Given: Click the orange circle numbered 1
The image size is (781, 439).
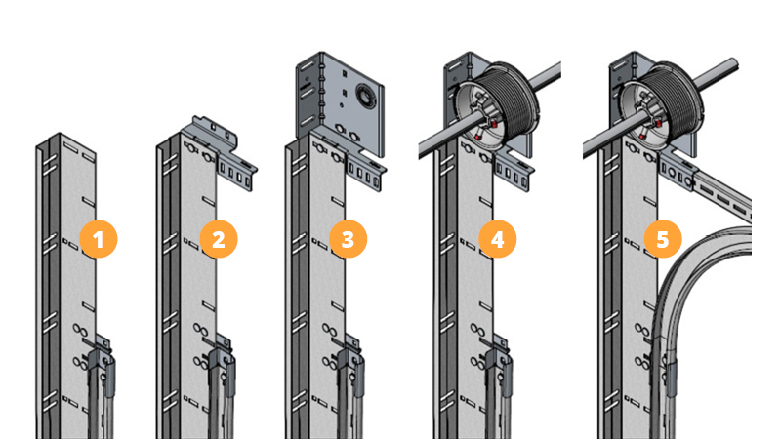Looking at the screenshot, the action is tap(99, 239).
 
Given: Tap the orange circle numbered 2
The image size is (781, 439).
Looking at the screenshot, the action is tap(219, 239).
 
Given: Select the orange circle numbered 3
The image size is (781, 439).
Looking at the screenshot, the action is tap(348, 239).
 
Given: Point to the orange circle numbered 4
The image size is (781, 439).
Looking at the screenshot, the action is tap(497, 239).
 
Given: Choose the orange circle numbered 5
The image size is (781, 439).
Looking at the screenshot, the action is tap(663, 239).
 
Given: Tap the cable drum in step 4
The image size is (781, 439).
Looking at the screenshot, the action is tap(497, 105).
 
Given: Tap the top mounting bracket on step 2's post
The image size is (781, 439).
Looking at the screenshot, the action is tap(209, 131).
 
